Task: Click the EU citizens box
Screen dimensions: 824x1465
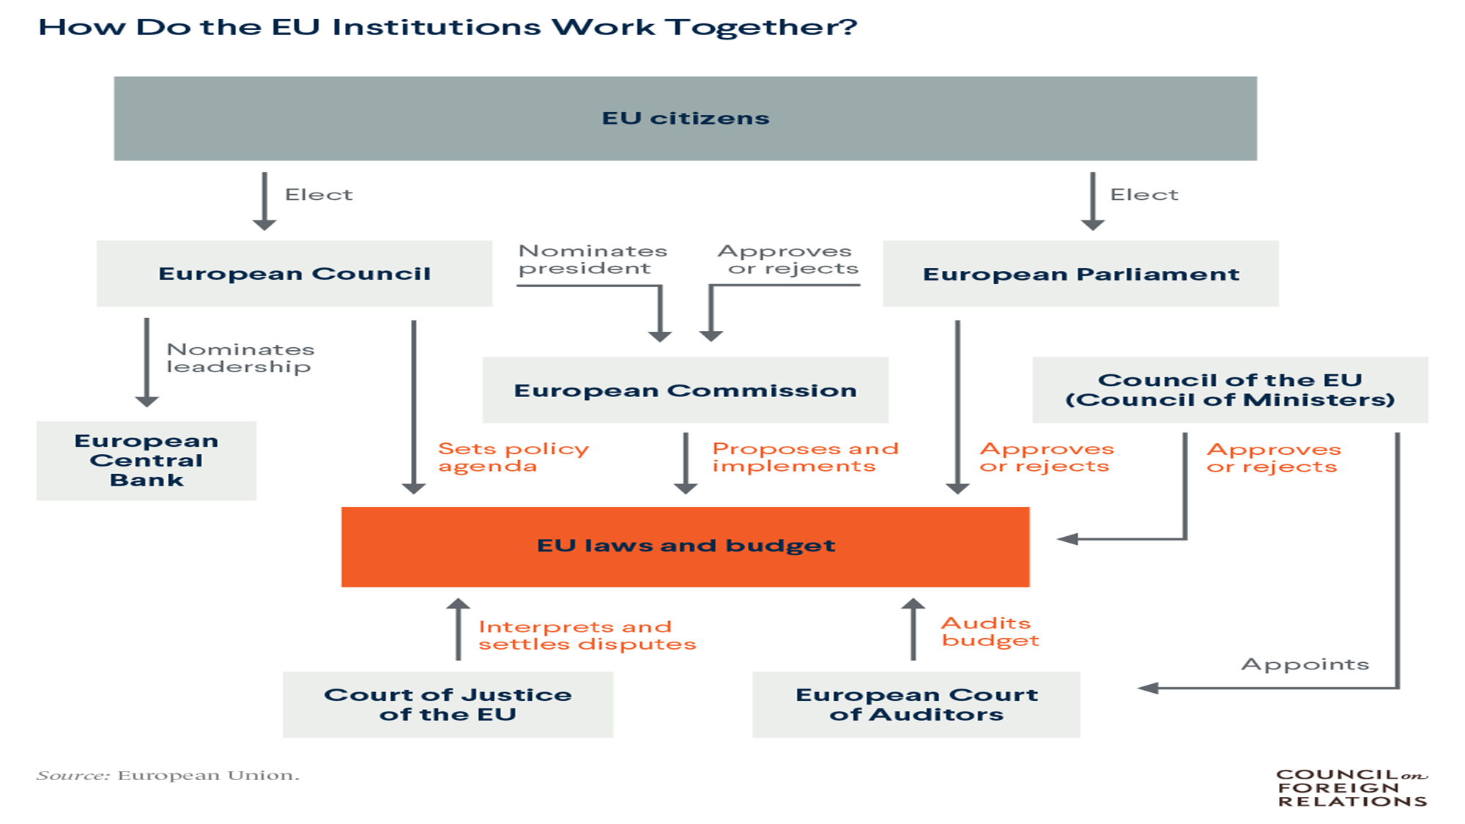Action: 685,119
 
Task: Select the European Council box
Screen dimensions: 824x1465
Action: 294,273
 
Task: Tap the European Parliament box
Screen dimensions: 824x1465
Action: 1080,273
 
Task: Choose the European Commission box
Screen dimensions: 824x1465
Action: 685,390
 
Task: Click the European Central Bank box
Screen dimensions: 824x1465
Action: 146,460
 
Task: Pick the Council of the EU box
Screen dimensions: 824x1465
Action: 1230,390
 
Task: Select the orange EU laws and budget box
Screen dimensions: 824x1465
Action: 685,546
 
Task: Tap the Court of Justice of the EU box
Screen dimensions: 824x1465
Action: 448,704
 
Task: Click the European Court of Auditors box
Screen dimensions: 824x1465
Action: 916,704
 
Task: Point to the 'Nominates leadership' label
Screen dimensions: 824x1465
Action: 240,357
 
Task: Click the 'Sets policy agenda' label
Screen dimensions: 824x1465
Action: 513,457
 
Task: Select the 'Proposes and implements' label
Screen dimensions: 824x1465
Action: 804,457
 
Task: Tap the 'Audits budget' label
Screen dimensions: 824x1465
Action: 989,631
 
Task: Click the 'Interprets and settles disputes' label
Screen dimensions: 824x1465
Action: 586,635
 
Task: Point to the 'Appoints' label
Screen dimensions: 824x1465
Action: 1305,664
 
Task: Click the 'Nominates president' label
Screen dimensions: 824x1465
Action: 592,259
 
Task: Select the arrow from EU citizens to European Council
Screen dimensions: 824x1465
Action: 264,201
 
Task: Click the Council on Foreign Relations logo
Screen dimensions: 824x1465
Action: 1351,787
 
